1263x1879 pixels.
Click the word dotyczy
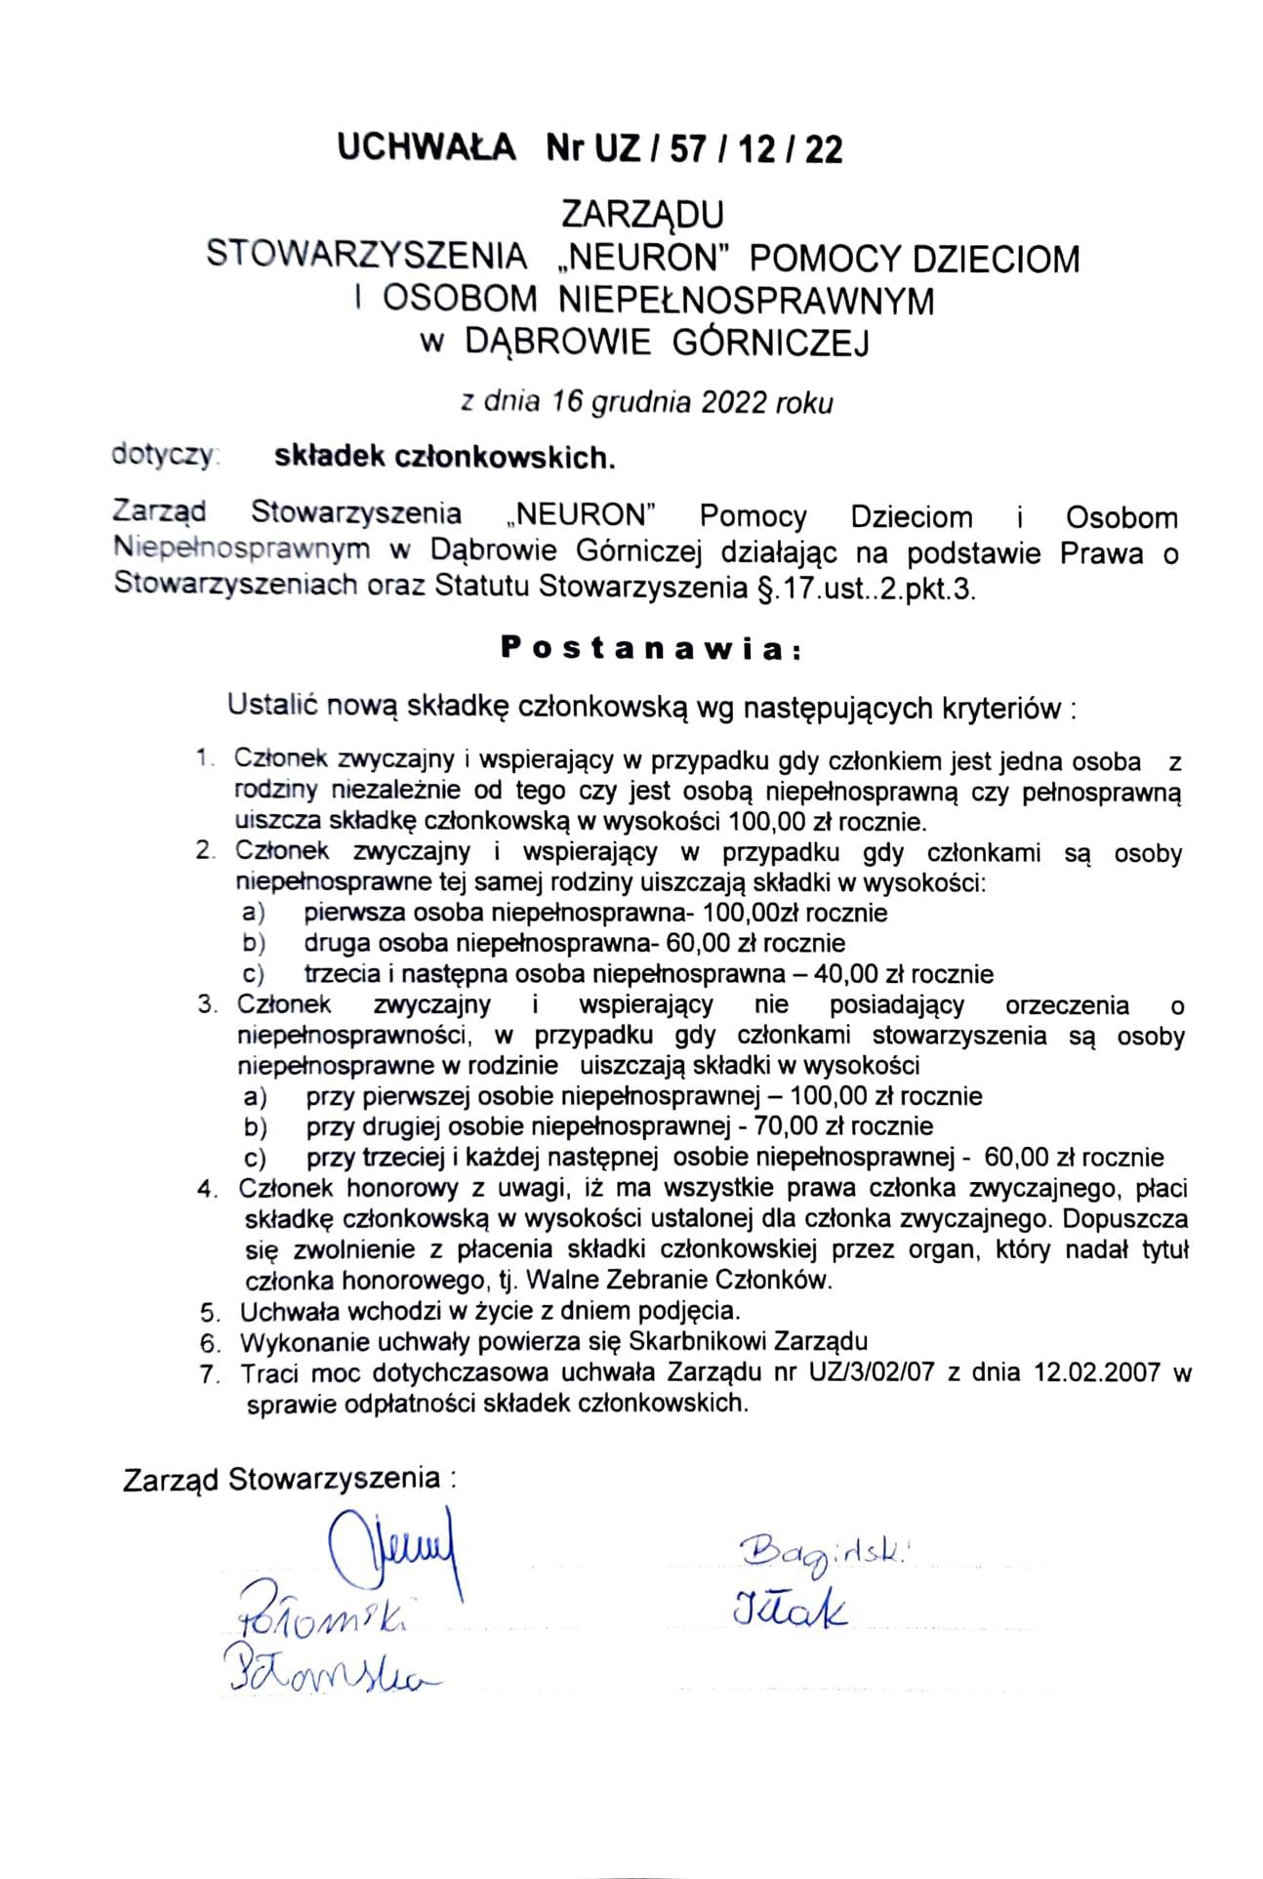click(166, 455)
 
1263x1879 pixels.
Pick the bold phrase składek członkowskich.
click(445, 458)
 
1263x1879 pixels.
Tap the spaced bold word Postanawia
click(649, 649)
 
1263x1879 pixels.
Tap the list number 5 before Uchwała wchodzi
click(206, 1312)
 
